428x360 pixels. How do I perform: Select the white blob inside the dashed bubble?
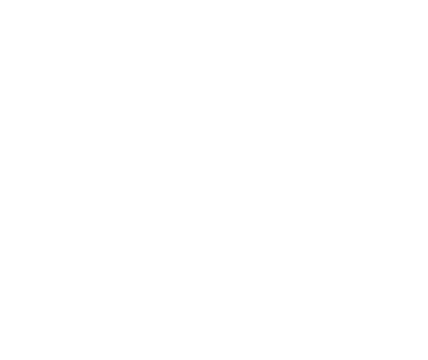(122, 73)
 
